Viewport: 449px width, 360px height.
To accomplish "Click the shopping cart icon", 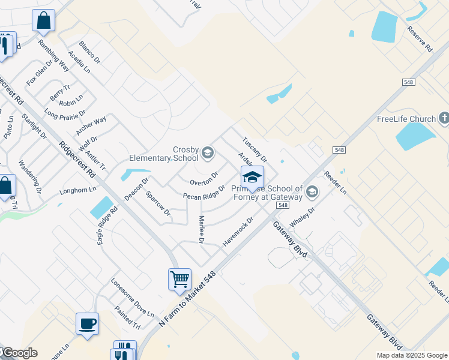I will (179, 279).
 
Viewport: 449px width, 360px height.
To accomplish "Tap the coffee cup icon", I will (88, 324).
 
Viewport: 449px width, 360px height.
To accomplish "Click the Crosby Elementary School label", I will (164, 154).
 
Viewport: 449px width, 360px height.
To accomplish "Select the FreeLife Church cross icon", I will (444, 118).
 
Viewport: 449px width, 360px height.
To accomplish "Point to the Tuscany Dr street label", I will (254, 149).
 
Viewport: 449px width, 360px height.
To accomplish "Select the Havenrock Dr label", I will (238, 230).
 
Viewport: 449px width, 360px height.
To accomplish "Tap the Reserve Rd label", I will (420, 38).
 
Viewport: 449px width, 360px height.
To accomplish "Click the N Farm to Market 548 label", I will (187, 299).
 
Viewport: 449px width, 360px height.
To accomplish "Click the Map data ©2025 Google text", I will (411, 355).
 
